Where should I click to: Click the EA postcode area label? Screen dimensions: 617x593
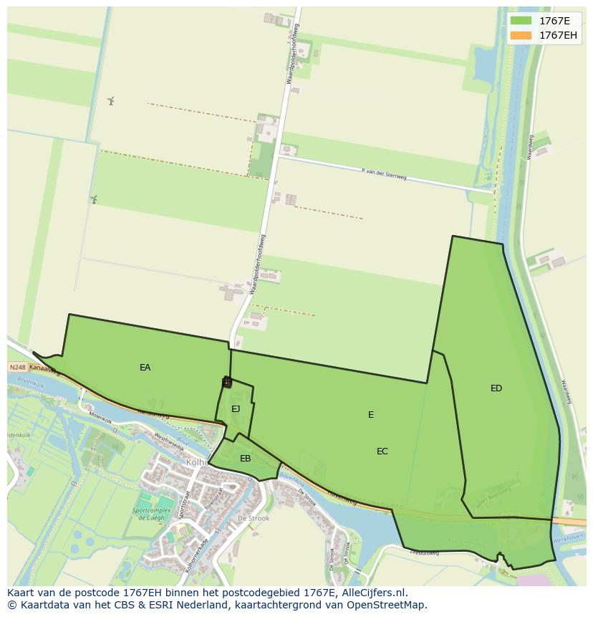(145, 368)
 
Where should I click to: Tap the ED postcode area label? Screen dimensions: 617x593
(496, 388)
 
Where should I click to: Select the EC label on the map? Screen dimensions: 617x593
(382, 451)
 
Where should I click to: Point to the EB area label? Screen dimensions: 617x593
(246, 459)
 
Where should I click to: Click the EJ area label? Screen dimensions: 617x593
(236, 409)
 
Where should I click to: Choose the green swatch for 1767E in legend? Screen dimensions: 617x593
(521, 21)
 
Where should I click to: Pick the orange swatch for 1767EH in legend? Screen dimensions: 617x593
(521, 35)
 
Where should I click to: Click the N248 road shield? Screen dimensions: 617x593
(17, 368)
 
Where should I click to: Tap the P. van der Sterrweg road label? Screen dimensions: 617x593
(384, 174)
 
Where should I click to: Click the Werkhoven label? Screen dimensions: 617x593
(571, 537)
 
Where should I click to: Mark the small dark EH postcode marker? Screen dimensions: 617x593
(227, 383)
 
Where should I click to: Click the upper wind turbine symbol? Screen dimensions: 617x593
(111, 101)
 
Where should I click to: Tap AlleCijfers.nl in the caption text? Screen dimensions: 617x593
(373, 593)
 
